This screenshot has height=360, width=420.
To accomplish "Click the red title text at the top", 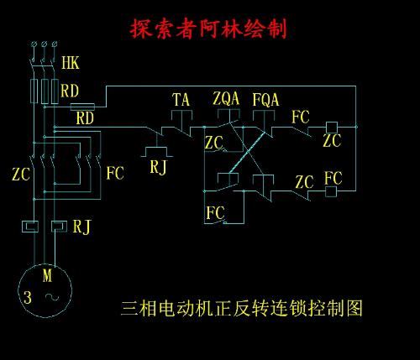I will [208, 28].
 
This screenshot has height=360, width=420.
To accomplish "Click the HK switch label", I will [71, 63].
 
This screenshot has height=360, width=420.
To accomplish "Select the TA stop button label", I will [181, 100].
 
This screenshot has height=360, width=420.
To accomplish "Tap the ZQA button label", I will [227, 99].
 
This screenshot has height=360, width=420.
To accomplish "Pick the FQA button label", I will [265, 99].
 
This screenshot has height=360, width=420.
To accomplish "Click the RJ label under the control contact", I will [159, 166].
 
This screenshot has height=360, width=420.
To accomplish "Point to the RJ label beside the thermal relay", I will [81, 226].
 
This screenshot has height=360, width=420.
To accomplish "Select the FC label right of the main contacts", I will [115, 174].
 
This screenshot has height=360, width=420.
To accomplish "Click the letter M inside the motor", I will [47, 275].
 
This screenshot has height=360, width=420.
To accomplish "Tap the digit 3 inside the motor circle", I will [27, 297].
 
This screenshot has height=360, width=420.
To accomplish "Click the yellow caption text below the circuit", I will [242, 308].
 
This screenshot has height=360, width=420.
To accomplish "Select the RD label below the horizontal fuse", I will [85, 118].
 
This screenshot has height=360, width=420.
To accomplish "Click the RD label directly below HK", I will [71, 89].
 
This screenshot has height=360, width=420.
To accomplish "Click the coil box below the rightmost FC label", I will [331, 191].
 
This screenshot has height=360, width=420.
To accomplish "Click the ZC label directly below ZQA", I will [214, 143].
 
